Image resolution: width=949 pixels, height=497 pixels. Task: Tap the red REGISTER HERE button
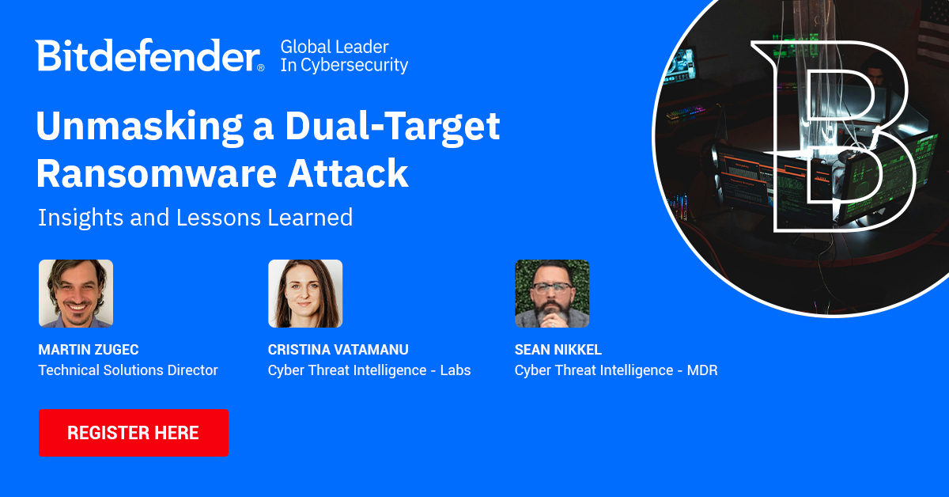click(134, 433)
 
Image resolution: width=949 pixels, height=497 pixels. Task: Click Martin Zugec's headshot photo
click(76, 294)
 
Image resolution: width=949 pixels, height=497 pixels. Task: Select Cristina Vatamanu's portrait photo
click(305, 294)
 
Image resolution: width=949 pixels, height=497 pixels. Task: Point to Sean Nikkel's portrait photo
click(552, 294)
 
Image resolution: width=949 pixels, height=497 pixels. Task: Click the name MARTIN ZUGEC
click(89, 350)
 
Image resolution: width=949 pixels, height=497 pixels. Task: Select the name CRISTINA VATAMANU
click(338, 350)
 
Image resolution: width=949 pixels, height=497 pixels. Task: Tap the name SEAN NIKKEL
click(558, 350)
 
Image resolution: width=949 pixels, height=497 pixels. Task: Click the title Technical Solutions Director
click(128, 370)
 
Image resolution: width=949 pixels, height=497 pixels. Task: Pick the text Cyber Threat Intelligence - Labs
click(369, 370)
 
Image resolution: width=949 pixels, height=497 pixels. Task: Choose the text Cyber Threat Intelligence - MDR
click(616, 370)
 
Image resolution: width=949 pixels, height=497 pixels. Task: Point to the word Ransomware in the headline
click(157, 173)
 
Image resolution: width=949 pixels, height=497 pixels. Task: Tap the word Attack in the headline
click(348, 173)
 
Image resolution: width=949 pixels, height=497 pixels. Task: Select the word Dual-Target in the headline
click(392, 127)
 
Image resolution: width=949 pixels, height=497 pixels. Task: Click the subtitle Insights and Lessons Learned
click(195, 218)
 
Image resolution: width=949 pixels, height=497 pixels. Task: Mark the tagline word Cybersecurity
click(354, 66)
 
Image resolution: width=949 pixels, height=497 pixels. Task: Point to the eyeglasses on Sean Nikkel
click(552, 288)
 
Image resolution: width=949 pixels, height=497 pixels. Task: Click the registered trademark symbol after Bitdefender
click(261, 67)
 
